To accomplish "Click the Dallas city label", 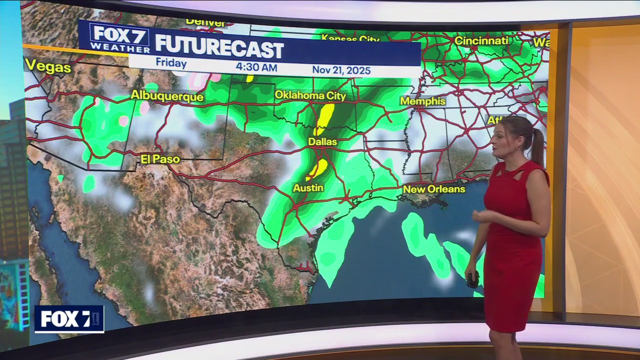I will pos(322,142).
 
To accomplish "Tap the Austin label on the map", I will pos(308,188).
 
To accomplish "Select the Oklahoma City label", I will pos(310,95).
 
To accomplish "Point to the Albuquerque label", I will pos(167,96).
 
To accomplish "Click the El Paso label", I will pos(160,159).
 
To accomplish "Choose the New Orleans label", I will pos(434,189).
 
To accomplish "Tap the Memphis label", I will pos(422,101).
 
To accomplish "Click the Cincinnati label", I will pos(481,40).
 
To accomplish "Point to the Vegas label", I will pos(48,66).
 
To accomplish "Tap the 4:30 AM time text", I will pos(256,67).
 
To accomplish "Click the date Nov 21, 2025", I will pos(341,70).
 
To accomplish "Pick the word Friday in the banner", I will pos(171,63).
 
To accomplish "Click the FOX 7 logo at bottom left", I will pos(69,319).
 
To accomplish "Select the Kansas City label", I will pos(350,38).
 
